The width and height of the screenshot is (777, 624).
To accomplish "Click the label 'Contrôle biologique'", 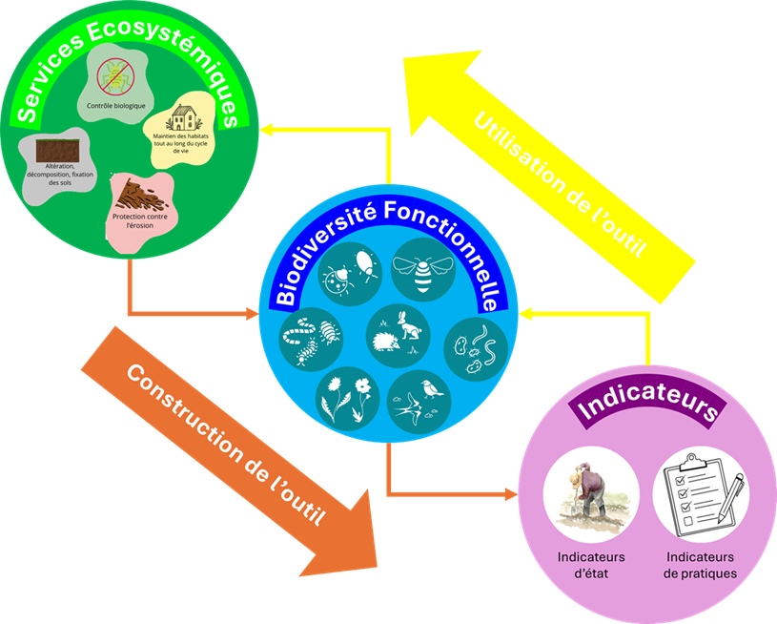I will tap(115, 105).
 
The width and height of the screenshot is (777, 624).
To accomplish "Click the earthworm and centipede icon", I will tap(310, 339).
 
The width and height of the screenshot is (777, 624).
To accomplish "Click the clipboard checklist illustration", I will tap(700, 491).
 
